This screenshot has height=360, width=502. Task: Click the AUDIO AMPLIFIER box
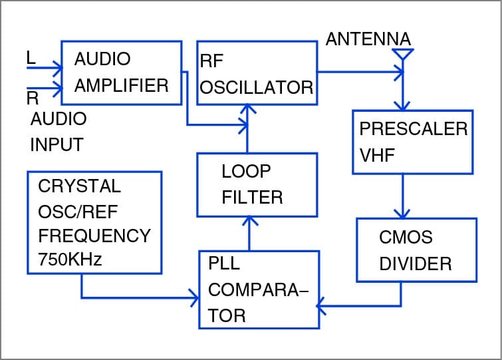point(122,73)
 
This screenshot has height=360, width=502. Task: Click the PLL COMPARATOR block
point(259,289)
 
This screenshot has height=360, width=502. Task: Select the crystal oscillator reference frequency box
point(94,222)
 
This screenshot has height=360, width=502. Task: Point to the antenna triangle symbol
point(402,54)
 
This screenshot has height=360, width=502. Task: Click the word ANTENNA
point(368,39)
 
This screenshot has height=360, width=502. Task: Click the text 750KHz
point(70,260)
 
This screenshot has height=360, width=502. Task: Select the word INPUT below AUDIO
point(57,144)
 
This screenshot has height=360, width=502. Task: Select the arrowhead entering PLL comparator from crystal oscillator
point(194,297)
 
